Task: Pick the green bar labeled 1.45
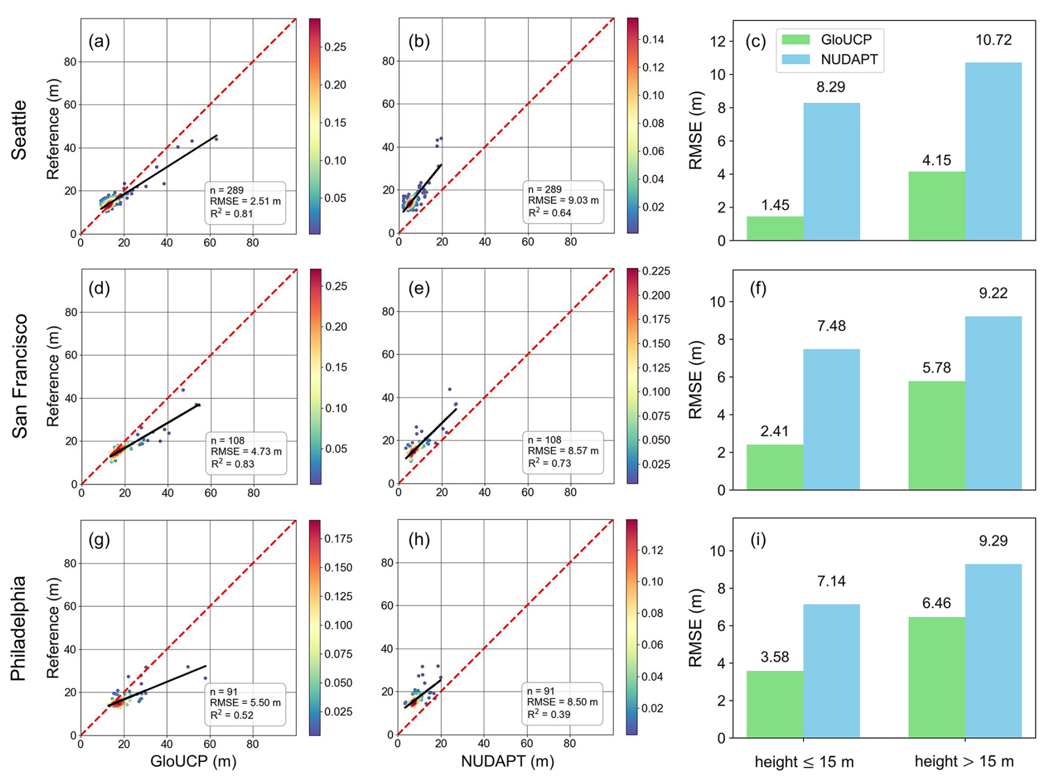775,228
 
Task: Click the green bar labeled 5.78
936,435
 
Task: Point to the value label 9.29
993,540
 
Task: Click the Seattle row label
19,130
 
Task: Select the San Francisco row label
19,376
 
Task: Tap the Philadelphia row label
19,628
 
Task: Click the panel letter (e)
419,289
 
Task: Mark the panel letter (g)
99,539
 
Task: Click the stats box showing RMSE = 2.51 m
245,203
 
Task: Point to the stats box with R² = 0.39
562,703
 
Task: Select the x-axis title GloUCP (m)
193,761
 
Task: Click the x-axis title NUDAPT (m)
507,761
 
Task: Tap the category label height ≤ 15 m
804,762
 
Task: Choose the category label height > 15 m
964,762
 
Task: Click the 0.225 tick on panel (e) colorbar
656,271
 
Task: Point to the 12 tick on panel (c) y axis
719,42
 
